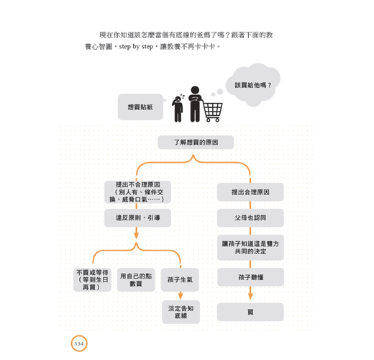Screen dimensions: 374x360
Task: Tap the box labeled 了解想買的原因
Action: click(x=196, y=143)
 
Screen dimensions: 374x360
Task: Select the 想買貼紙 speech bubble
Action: click(x=141, y=107)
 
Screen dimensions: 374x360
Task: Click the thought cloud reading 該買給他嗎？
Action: click(x=253, y=85)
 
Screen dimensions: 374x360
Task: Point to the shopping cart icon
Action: click(x=212, y=111)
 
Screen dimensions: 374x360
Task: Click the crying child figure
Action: click(x=178, y=109)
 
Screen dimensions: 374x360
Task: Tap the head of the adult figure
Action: click(x=195, y=90)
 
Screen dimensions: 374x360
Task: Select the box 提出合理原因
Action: click(x=250, y=192)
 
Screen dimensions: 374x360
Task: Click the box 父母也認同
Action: click(x=250, y=217)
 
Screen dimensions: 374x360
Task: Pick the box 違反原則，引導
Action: click(x=137, y=217)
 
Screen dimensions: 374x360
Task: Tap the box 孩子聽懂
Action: click(x=250, y=277)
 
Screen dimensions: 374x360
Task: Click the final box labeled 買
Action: click(x=250, y=312)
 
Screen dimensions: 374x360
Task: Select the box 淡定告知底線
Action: click(x=181, y=312)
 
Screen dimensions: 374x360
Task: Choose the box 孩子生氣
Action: click(x=180, y=280)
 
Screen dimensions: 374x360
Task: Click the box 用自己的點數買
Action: click(x=136, y=280)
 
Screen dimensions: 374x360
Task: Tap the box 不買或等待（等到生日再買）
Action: click(x=92, y=280)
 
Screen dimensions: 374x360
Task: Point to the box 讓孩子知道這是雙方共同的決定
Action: click(x=250, y=248)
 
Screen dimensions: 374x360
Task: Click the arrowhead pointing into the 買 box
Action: click(x=250, y=296)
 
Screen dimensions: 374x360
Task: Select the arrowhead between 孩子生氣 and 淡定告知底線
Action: click(x=181, y=296)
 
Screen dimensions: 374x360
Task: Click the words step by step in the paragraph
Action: click(x=136, y=46)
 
